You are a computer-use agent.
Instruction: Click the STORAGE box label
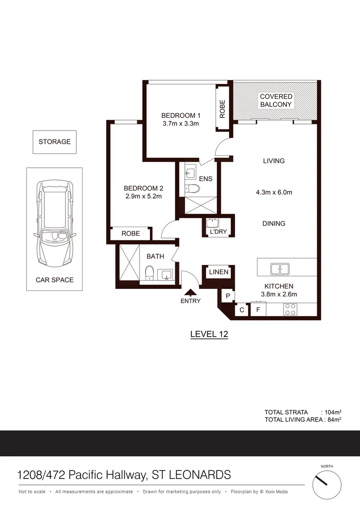click(x=54, y=141)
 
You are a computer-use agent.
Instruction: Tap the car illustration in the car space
click(x=54, y=224)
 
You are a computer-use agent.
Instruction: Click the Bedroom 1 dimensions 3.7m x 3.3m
click(x=181, y=124)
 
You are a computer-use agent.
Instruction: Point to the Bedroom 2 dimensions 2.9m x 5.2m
click(x=143, y=197)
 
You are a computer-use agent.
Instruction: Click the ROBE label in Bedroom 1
click(x=222, y=109)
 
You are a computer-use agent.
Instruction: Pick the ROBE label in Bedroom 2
click(x=131, y=233)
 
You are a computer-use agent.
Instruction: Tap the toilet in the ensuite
click(x=193, y=189)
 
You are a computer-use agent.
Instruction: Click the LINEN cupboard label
click(x=219, y=272)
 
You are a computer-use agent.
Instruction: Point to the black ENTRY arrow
click(x=190, y=293)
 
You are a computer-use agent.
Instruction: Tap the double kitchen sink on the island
click(x=280, y=269)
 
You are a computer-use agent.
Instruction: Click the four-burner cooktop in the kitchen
click(x=290, y=310)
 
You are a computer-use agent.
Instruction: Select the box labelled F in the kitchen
click(x=258, y=310)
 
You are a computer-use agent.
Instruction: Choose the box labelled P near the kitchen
click(x=228, y=296)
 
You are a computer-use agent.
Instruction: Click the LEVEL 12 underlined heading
click(x=209, y=334)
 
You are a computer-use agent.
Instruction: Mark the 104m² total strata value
click(x=332, y=412)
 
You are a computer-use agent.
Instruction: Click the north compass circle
click(x=327, y=485)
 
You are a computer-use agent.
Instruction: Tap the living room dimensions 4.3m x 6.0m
click(x=274, y=192)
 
